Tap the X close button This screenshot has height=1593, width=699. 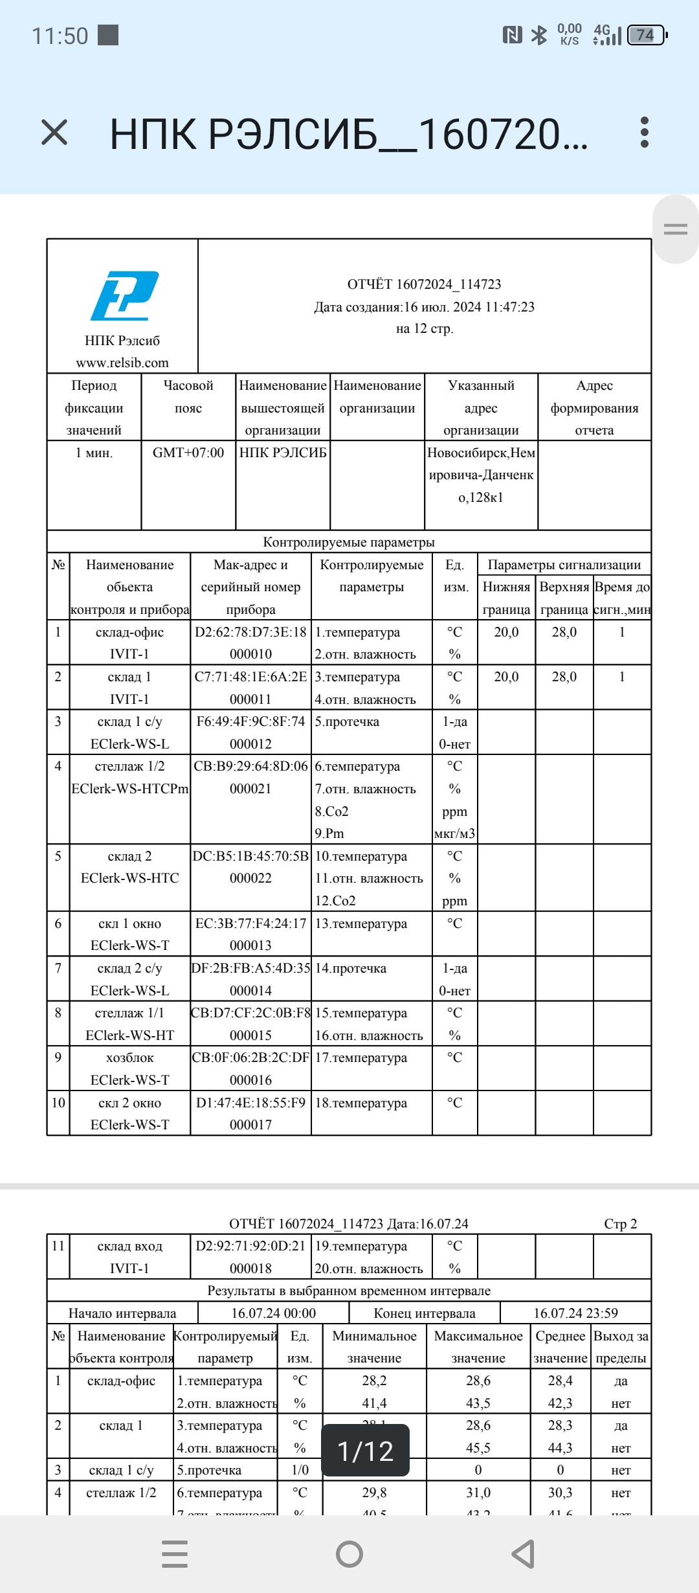coord(54,133)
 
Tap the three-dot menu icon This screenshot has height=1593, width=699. coord(644,133)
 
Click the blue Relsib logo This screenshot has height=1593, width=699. coord(124,296)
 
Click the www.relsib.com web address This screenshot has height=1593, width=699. coord(122,363)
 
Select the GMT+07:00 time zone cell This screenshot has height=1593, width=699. coord(188,453)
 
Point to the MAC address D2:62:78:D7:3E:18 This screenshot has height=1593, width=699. coord(250,632)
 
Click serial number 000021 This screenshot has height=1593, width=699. coord(250,789)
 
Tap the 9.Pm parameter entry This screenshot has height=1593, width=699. coord(329,833)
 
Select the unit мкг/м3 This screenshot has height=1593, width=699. coord(454,833)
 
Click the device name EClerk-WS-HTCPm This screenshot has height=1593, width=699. coord(129,789)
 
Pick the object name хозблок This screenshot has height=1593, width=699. coord(129,1057)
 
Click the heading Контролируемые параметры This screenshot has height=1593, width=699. coord(349,542)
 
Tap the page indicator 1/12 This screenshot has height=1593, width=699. coord(366,1451)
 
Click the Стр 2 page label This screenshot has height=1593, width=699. coord(620,1224)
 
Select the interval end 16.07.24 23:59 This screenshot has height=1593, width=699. coord(575,1313)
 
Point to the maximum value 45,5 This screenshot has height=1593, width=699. coord(478,1448)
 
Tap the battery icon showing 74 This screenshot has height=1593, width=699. coord(646,35)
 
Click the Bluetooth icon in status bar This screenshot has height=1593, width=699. coord(538,35)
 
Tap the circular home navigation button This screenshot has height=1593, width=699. coord(349,1553)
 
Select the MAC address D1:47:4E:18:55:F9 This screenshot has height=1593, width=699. coord(250,1103)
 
